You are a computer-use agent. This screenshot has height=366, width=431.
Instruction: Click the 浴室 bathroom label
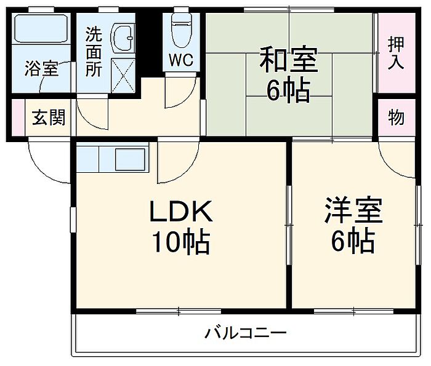coord(42,69)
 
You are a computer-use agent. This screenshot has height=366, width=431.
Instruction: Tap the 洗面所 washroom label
coord(94,51)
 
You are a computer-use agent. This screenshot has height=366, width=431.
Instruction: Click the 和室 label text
coord(288,62)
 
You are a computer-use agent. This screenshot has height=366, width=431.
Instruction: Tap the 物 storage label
coord(397,117)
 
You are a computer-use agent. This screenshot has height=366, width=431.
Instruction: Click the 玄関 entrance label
coord(49,117)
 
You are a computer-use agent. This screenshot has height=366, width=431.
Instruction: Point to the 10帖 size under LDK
coord(182,243)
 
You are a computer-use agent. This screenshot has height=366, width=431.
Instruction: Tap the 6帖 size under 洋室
coord(353,242)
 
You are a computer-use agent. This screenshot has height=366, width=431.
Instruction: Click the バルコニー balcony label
coord(246,334)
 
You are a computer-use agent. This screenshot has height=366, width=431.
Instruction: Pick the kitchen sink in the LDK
coord(131,159)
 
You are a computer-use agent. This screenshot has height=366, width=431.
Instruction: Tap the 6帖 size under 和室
coord(288,92)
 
